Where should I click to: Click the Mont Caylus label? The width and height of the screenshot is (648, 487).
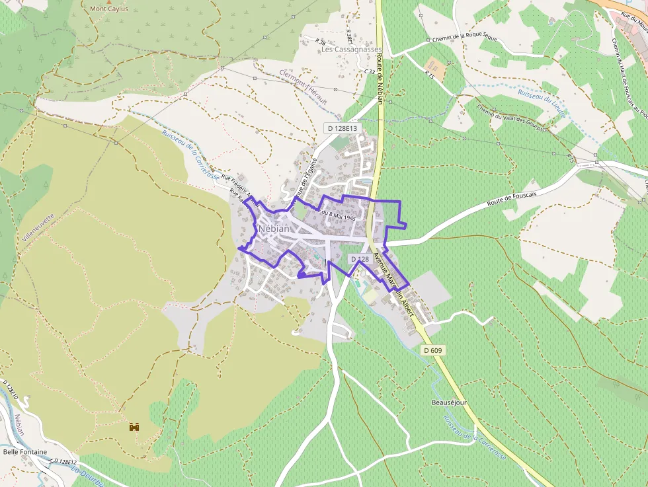(x=109, y=9)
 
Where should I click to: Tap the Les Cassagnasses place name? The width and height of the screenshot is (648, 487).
(x=351, y=50)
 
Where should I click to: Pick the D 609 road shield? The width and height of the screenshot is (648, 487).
(x=432, y=350)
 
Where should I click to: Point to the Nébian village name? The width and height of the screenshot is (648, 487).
(x=274, y=229)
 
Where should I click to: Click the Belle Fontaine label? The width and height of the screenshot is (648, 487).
(x=25, y=452)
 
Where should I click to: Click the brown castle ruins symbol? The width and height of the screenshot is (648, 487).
(x=135, y=427)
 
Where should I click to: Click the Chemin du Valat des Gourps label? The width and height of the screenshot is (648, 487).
(x=511, y=119)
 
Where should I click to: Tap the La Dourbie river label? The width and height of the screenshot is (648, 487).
(x=86, y=475)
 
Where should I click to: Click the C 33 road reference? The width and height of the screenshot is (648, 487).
(x=370, y=71)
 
